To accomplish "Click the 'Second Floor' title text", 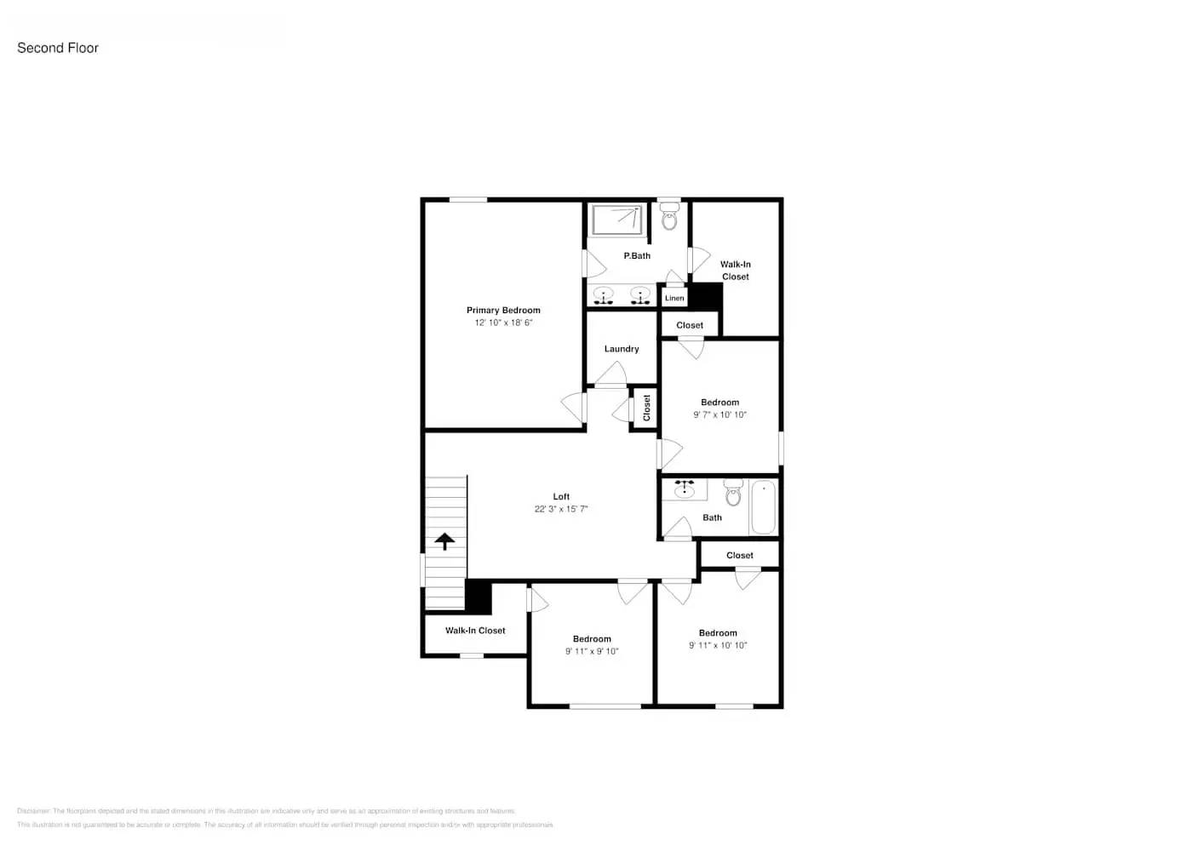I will pyautogui.click(x=58, y=48).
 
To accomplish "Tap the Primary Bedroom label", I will pyautogui.click(x=503, y=311).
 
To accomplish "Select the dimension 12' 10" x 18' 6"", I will pyautogui.click(x=503, y=323).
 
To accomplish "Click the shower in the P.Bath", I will pyautogui.click(x=617, y=220).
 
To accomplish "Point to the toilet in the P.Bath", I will pyautogui.click(x=669, y=217).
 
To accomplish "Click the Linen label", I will pyautogui.click(x=674, y=298).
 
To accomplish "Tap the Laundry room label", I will pyautogui.click(x=622, y=349).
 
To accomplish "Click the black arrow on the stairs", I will pyautogui.click(x=444, y=541).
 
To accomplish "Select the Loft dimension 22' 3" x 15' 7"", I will pyautogui.click(x=561, y=509).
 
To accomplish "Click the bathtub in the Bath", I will pyautogui.click(x=763, y=508).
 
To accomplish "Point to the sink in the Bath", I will pyautogui.click(x=685, y=489).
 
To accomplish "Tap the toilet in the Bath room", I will pyautogui.click(x=733, y=493).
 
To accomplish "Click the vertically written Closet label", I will pyautogui.click(x=646, y=408).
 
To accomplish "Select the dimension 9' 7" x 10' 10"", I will pyautogui.click(x=720, y=415).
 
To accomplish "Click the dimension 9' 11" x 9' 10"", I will pyautogui.click(x=592, y=652).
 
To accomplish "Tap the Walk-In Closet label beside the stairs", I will pyautogui.click(x=475, y=631).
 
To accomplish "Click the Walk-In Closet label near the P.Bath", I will pyautogui.click(x=736, y=271).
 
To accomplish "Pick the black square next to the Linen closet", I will pyautogui.click(x=705, y=296).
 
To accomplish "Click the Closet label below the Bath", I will pyautogui.click(x=740, y=556).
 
